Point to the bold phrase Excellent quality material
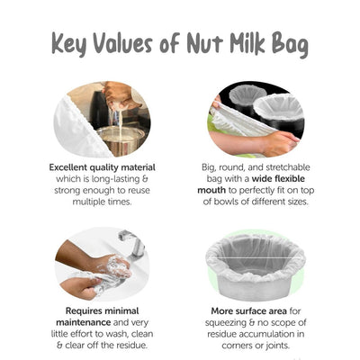pyautogui.click(x=103, y=166)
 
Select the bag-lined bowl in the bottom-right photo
pyautogui.click(x=255, y=261)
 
